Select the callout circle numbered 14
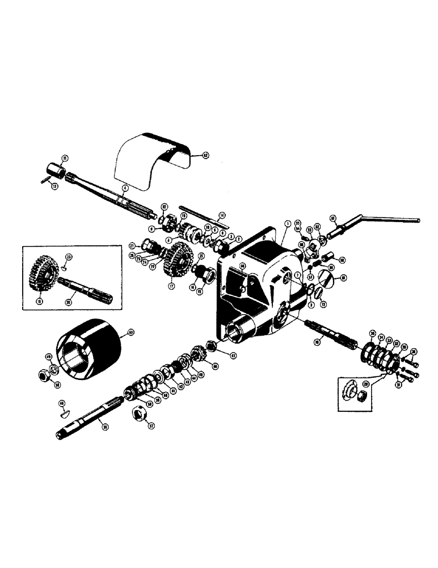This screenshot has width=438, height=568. click(x=222, y=215)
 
